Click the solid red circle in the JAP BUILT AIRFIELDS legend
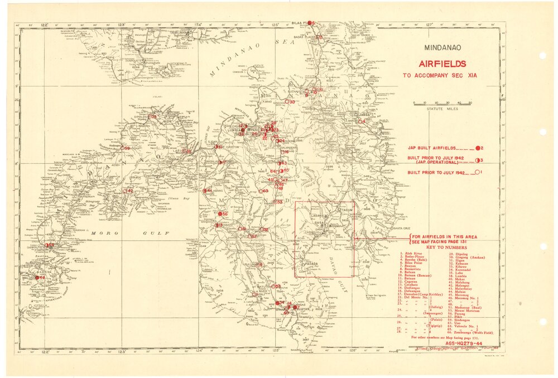click(x=478, y=148)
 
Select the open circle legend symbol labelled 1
click(x=478, y=173)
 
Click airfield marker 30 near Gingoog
click(x=287, y=102)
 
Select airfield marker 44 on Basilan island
click(x=37, y=277)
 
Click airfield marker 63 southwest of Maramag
click(x=261, y=191)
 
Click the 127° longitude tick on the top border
click(x=429, y=23)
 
